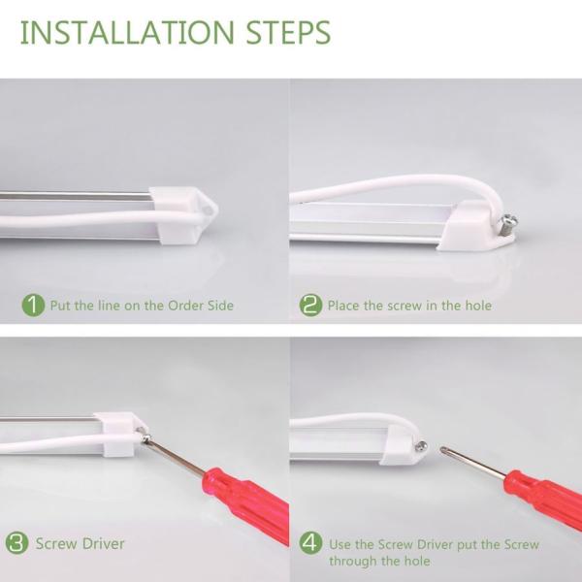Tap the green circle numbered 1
[34, 305]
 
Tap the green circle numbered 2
[310, 305]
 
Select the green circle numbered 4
[310, 543]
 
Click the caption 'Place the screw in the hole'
[409, 306]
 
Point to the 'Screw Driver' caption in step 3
[81, 543]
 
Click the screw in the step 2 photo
[507, 225]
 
